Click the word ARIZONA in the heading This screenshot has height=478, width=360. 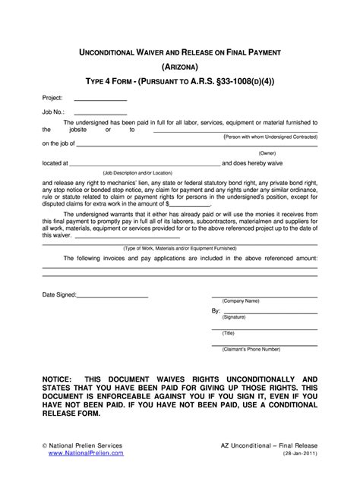(x=179, y=65)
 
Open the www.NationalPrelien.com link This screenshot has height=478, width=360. (x=85, y=452)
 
